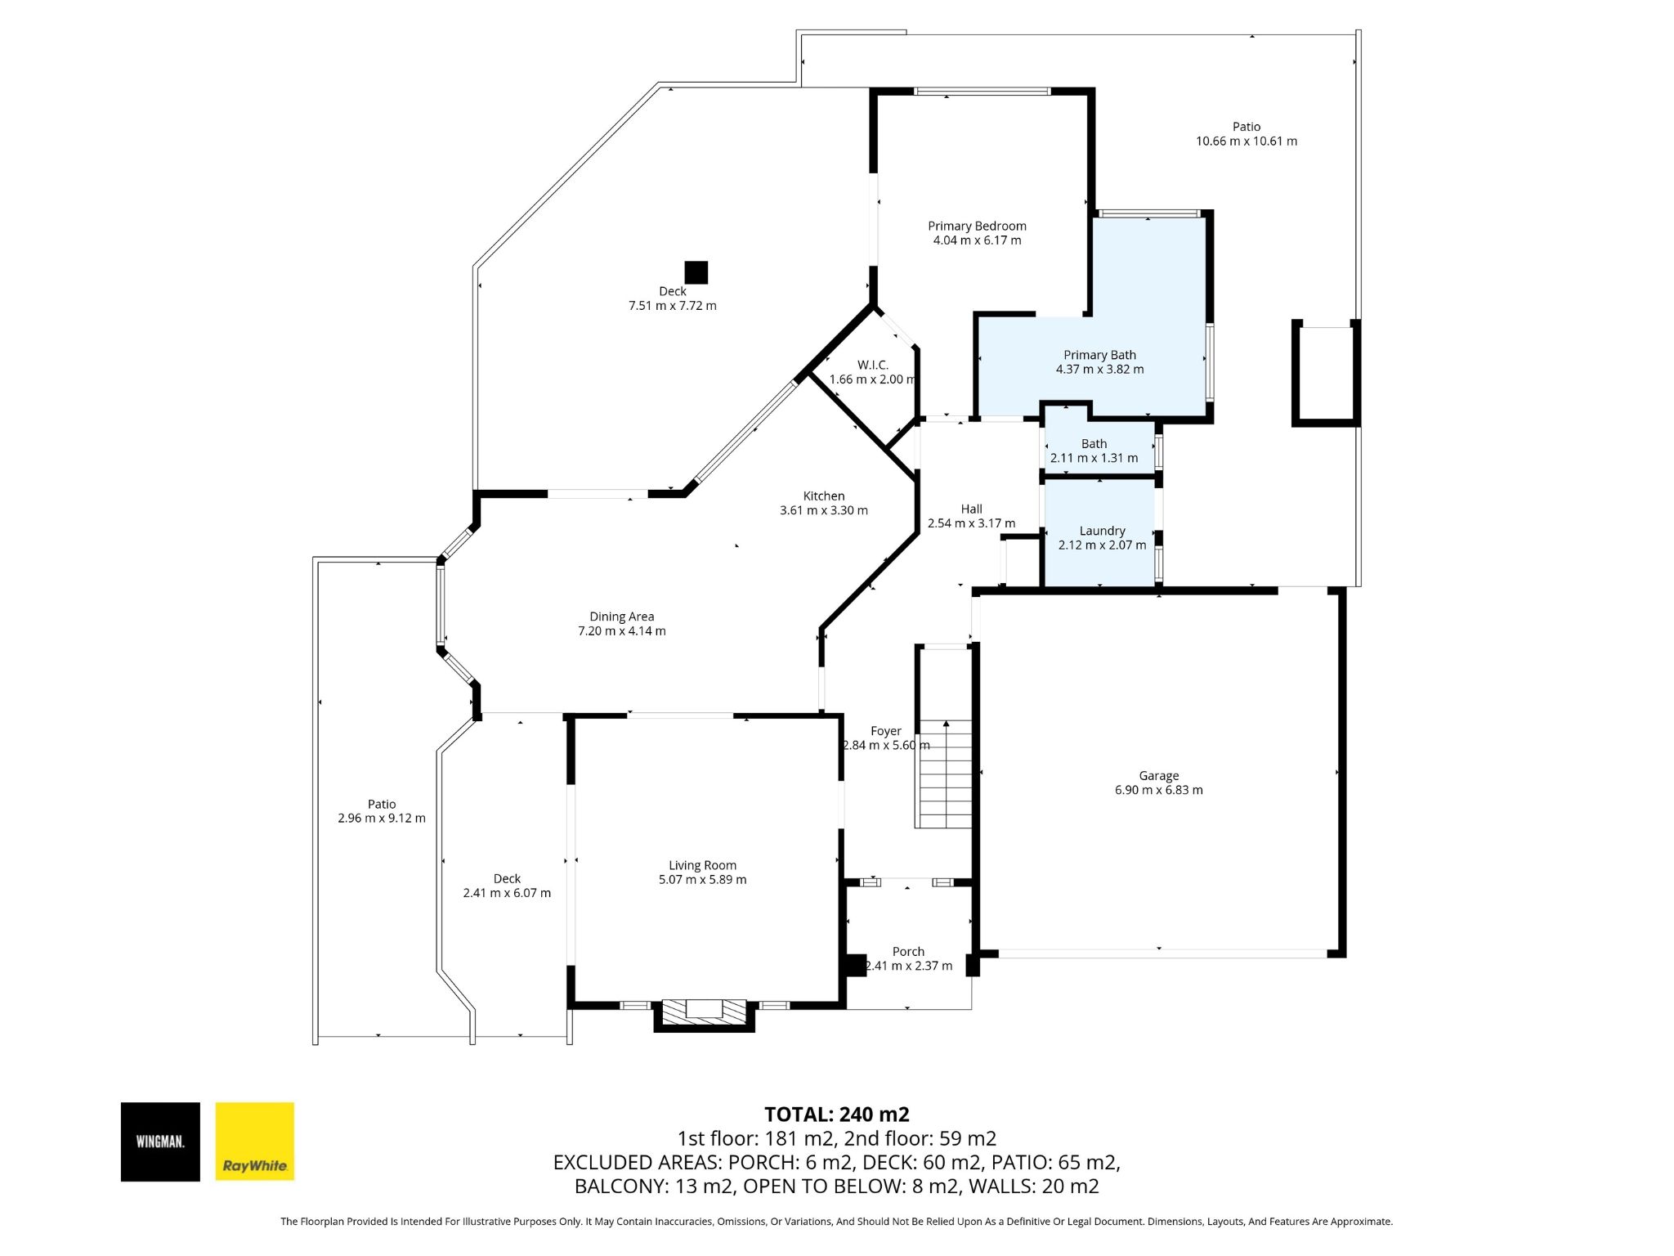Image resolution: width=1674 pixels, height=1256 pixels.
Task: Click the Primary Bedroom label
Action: (x=977, y=226)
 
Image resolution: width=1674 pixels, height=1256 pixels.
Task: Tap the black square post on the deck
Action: (x=696, y=272)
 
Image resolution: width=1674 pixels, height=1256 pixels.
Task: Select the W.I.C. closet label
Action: (x=873, y=365)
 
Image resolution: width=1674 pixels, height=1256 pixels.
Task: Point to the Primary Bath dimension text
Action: (x=1099, y=370)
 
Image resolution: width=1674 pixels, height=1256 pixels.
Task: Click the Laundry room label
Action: (x=1102, y=531)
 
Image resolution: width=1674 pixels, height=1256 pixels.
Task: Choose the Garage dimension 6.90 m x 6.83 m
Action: (x=1159, y=790)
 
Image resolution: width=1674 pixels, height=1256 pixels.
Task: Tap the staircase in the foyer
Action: (x=944, y=774)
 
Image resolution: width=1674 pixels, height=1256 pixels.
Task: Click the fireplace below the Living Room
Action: (x=704, y=1014)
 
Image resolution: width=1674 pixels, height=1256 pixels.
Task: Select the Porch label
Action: (x=908, y=952)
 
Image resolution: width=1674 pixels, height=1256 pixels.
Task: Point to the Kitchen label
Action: (x=824, y=496)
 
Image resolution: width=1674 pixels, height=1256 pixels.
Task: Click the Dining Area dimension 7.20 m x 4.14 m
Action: (x=622, y=631)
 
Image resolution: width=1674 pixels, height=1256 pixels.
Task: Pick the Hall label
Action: (x=972, y=509)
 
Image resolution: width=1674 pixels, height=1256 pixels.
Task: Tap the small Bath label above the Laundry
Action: (x=1094, y=444)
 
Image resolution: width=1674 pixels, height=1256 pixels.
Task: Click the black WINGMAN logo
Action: (x=160, y=1142)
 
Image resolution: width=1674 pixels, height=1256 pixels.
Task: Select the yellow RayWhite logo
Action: (x=254, y=1142)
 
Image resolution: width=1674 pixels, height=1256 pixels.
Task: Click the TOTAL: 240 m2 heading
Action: (x=836, y=1115)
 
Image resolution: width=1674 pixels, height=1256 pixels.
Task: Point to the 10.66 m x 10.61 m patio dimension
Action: (x=1247, y=141)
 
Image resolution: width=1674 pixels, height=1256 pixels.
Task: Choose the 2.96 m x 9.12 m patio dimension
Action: (x=382, y=819)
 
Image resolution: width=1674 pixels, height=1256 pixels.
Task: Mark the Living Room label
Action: (x=702, y=865)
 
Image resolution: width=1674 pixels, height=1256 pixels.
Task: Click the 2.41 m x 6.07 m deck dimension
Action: (x=507, y=893)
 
